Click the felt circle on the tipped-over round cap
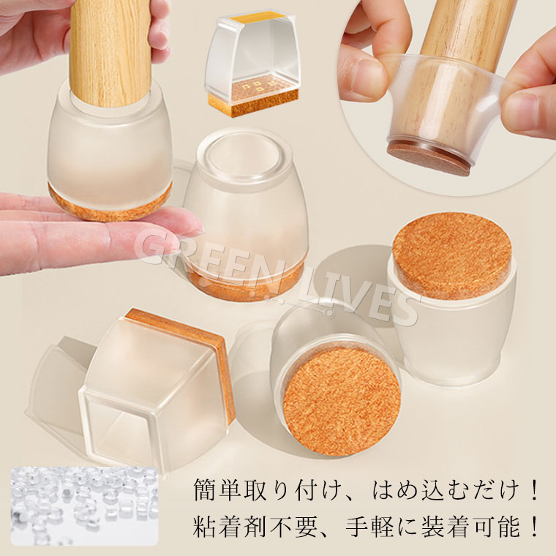[342, 402]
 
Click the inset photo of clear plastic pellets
[84, 506]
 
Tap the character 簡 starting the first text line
[206, 489]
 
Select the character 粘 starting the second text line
[206, 526]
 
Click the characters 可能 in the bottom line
[497, 526]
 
